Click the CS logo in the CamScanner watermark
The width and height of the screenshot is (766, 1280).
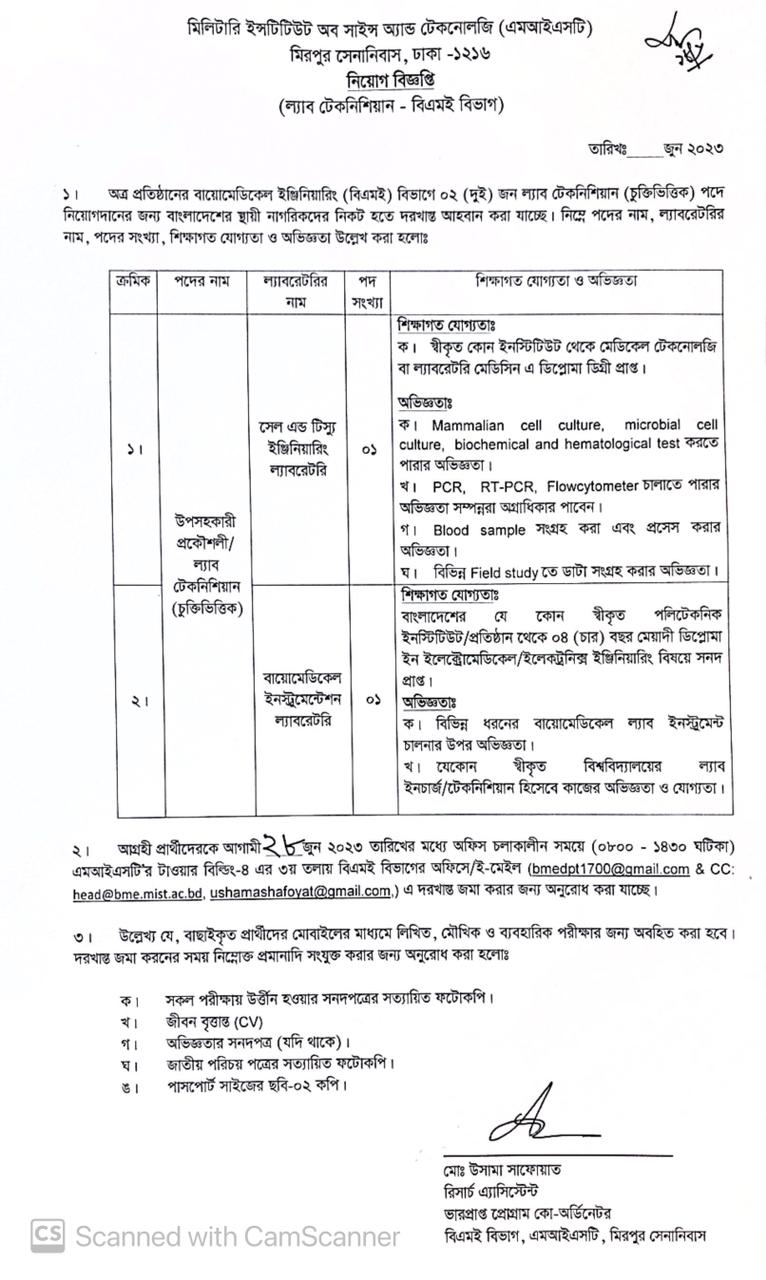click(x=46, y=1236)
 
